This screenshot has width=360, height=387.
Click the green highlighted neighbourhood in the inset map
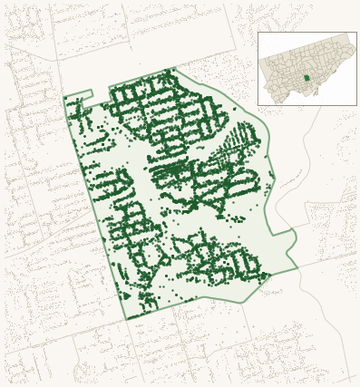coord(306,78)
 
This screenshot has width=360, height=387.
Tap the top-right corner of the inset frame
coord(356,33)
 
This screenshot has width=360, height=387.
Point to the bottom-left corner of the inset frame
coord(258,105)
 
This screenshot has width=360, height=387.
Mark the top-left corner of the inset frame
coord(258,33)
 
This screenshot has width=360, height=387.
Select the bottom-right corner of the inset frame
coord(356,105)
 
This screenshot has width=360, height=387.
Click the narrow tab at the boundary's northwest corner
coord(79,94)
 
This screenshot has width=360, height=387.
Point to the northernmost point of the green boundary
coord(175,69)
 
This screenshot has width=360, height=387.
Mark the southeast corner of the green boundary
coord(297,267)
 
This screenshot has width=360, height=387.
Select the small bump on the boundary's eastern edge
coord(293,237)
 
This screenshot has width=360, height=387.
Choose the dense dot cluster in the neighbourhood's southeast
coord(222,261)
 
